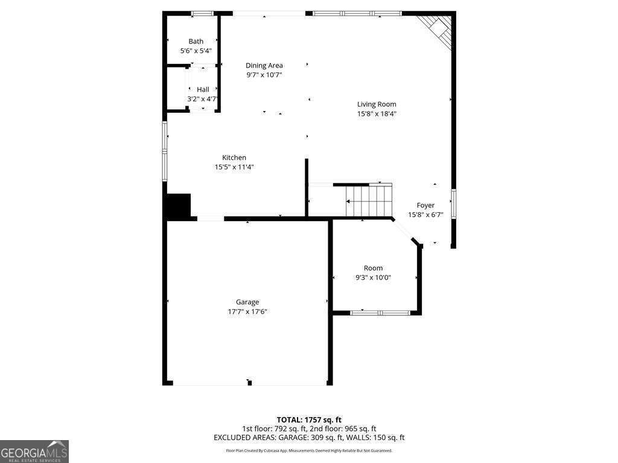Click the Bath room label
(196, 42)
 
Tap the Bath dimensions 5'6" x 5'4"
(196, 51)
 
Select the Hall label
(203, 89)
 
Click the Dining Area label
(264, 66)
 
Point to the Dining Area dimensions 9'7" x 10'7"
(264, 75)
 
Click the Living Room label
(377, 104)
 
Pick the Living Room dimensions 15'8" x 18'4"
(377, 114)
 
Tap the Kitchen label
(234, 158)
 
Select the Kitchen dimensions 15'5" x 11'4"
(234, 168)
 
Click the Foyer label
(425, 206)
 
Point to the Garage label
(247, 302)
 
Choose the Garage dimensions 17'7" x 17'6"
(247, 312)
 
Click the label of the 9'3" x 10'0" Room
(373, 268)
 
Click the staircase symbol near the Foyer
(369, 201)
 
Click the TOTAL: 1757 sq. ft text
(309, 420)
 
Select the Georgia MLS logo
(34, 452)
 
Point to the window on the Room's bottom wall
(380, 313)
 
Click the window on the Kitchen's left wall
(164, 151)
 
